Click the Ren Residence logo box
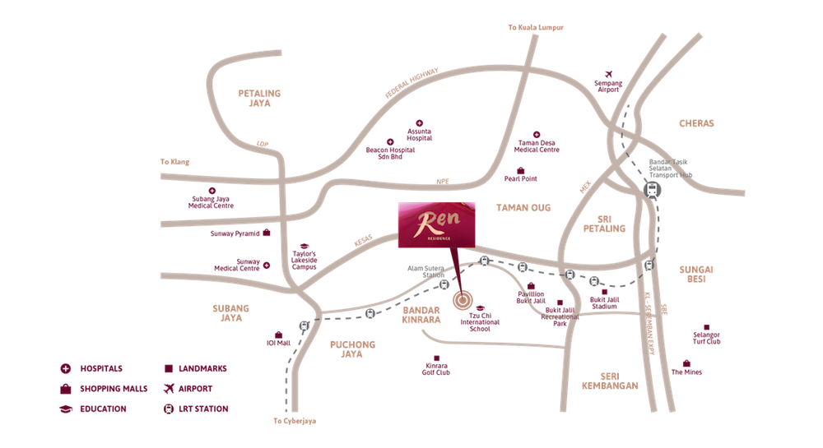[435, 224]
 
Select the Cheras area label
[697, 124]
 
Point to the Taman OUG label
[523, 209]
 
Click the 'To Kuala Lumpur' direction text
[536, 28]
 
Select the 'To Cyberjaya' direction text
[294, 421]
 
